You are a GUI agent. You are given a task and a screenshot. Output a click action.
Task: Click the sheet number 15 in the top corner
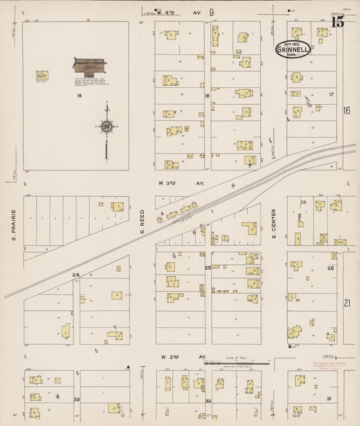[x=338, y=22]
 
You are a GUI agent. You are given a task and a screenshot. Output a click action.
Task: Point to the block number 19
[x=79, y=96]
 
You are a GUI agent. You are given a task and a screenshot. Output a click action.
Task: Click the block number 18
[x=207, y=96]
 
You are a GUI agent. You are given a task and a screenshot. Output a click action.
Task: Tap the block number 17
[x=331, y=95]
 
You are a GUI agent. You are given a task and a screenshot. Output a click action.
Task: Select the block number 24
[x=76, y=274]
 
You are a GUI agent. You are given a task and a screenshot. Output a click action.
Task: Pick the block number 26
[x=330, y=268]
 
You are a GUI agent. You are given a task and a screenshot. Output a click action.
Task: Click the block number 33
[x=77, y=400]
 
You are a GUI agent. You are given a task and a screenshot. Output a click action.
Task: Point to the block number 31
[x=329, y=399]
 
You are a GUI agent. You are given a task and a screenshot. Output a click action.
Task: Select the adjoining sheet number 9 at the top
[x=211, y=12]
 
